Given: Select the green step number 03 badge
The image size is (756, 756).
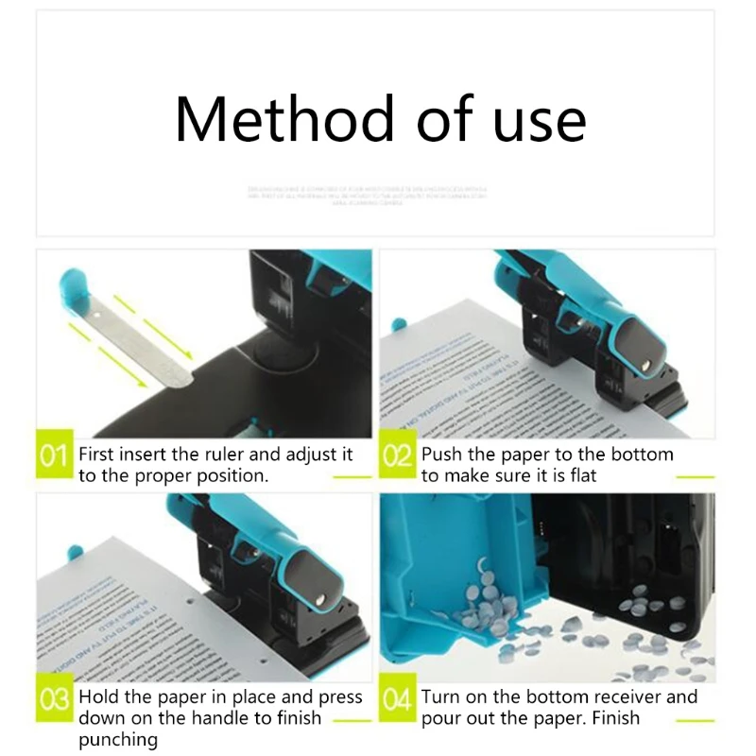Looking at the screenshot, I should (x=55, y=701).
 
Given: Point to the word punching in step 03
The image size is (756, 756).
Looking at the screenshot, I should (x=118, y=740).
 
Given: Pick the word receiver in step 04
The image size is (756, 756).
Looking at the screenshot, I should (x=627, y=698).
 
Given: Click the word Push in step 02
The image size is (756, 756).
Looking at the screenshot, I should (x=443, y=455).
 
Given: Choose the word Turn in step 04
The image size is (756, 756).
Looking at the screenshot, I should (x=442, y=698).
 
